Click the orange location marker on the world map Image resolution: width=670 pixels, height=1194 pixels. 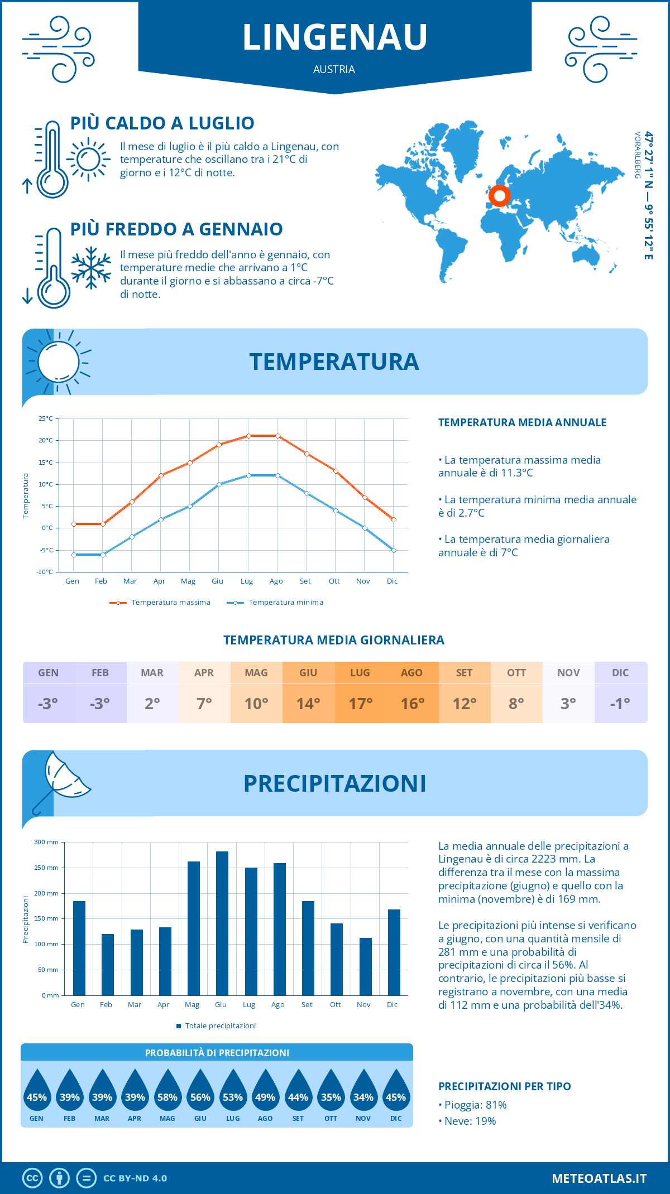point(499,196)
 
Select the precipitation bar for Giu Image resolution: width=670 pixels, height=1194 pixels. point(222,923)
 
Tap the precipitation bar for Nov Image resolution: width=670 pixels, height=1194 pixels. point(365,966)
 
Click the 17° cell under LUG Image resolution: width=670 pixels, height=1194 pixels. point(360,704)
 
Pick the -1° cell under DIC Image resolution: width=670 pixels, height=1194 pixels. point(620,704)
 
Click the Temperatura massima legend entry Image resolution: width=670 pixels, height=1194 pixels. point(161,603)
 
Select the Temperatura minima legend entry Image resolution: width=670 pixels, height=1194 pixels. point(276,603)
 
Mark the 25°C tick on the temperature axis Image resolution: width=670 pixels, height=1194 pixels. point(46,418)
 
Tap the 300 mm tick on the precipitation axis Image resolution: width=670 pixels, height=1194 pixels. point(47,842)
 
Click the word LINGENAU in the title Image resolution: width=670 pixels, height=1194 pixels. point(335,37)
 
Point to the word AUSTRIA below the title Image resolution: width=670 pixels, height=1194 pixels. point(334,69)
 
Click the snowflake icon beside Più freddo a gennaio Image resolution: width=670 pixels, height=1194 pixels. point(91,267)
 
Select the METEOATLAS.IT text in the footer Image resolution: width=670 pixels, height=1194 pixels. point(599,1178)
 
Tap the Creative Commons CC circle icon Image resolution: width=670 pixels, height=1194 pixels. point(32,1178)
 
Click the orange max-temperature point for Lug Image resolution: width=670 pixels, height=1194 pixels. point(248,436)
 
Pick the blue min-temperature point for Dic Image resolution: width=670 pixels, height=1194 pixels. point(394,550)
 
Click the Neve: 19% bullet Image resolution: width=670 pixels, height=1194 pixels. point(470,1121)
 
